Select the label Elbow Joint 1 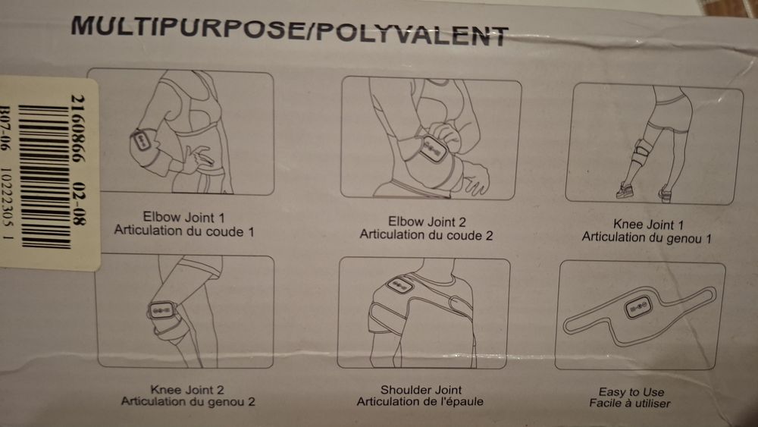[183, 217]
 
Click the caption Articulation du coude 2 [426, 235]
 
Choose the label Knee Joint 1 [648, 224]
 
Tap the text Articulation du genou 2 [187, 401]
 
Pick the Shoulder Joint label [421, 390]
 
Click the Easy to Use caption [631, 391]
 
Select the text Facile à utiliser [629, 403]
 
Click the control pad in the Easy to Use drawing [638, 306]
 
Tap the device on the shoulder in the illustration [399, 285]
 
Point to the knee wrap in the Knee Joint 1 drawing [641, 152]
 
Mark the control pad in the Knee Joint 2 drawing [161, 309]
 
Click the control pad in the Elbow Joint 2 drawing [432, 149]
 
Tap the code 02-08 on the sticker [78, 203]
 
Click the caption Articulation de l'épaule [420, 401]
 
